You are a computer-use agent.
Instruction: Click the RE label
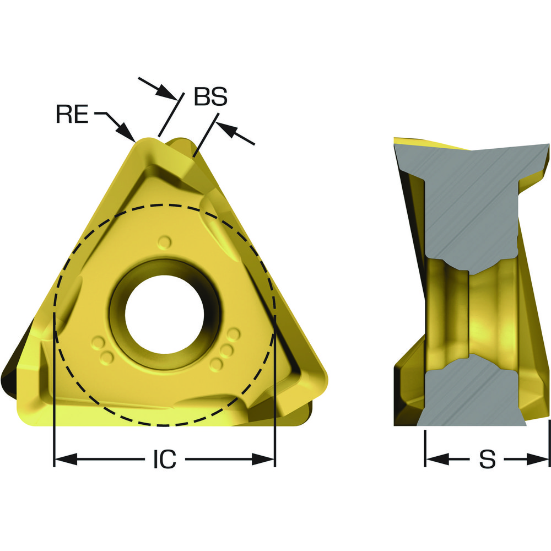tap(72, 114)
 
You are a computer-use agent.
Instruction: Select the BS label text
tap(210, 96)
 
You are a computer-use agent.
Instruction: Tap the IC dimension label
tap(165, 459)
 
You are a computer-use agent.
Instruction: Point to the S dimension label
tap(487, 459)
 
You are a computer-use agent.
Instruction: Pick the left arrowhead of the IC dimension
tap(66, 459)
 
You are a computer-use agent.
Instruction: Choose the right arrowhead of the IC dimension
tap(263, 459)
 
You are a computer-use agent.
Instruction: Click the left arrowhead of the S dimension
tap(437, 459)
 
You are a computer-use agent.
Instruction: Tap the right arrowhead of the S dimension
tap(537, 459)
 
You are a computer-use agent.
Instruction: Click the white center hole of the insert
tap(164, 315)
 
